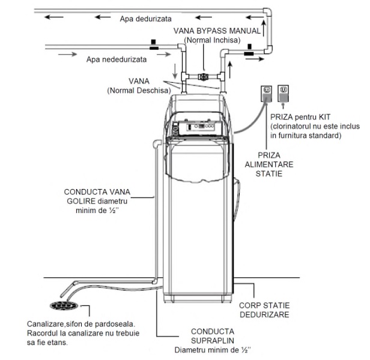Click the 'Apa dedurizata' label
coord(145,19)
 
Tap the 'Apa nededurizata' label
coord(117,59)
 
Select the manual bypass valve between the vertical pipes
coord(202,77)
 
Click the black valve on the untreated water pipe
coord(154,45)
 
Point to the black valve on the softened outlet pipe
coord(249,50)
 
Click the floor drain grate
coord(64,305)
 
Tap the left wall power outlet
coord(267,94)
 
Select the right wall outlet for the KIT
coord(283,94)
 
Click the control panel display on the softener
coord(201,127)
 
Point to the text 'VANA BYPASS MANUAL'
coord(217,31)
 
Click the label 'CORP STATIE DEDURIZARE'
coord(264,310)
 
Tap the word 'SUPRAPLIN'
coord(213,341)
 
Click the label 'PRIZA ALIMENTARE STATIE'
coord(269,164)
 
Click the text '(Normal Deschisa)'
coord(139,91)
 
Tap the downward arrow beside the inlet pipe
coord(175,71)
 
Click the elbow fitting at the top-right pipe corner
coord(267,12)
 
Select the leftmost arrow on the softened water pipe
coord(54,17)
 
